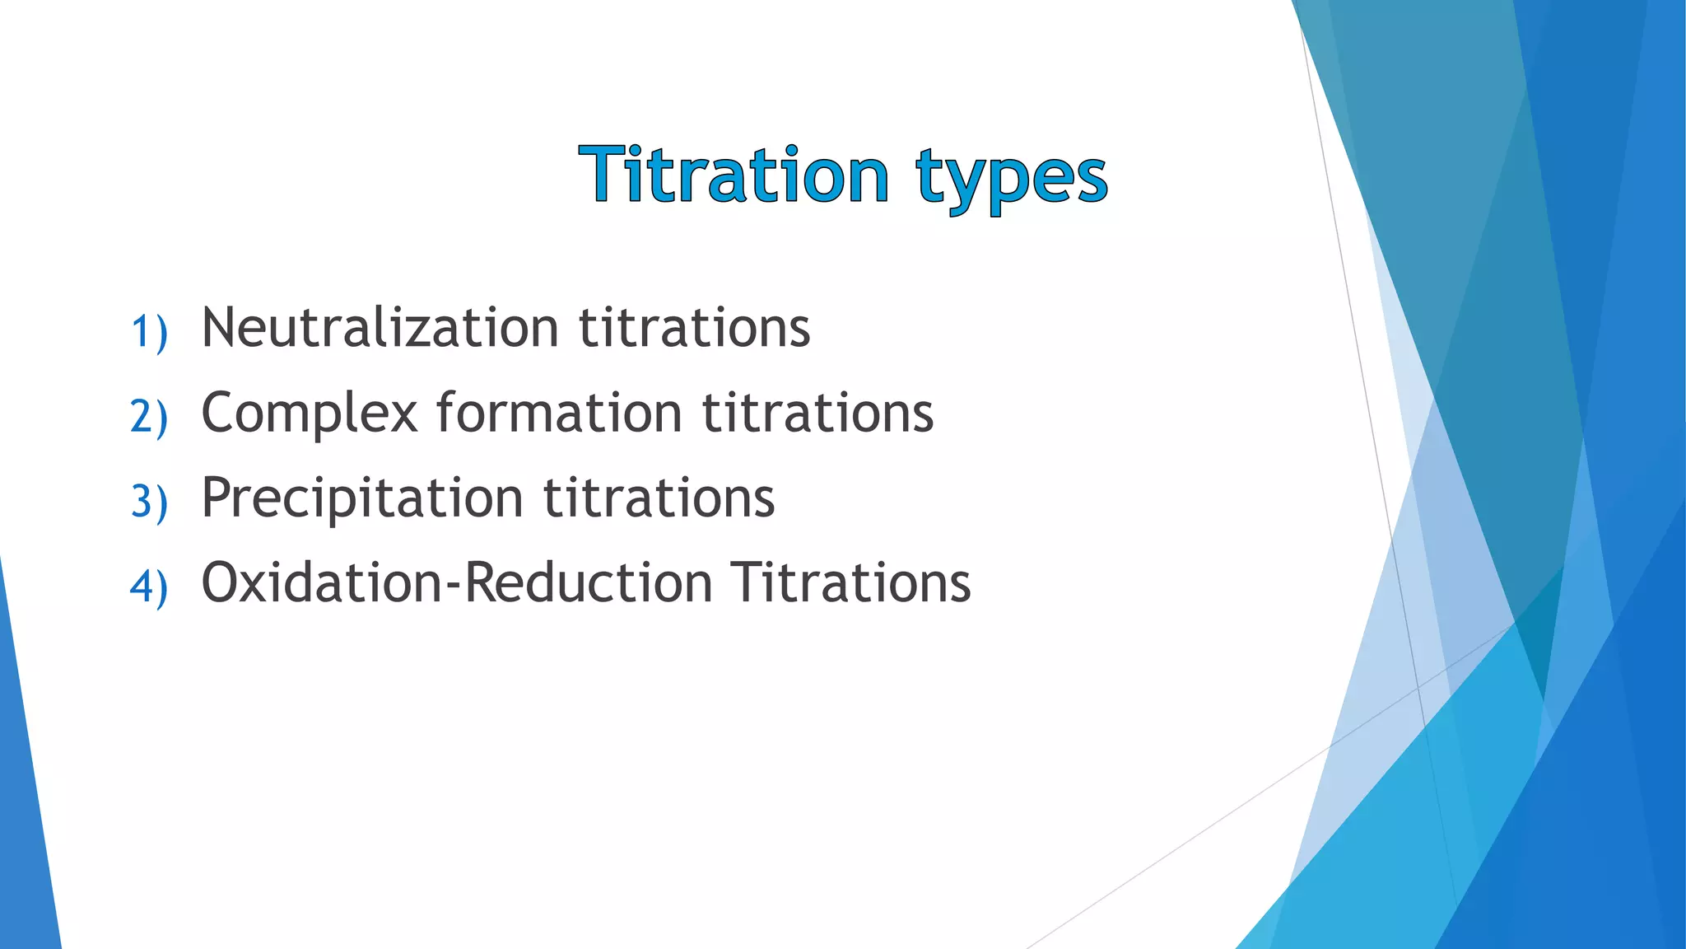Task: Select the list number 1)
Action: coord(149,331)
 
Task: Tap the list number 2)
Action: coord(149,416)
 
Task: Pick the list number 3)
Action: coord(149,501)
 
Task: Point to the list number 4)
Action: coord(149,587)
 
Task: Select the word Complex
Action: coord(310,414)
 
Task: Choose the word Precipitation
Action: coord(362,499)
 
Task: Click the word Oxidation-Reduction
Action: coord(457,582)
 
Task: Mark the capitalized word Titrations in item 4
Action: coord(851,582)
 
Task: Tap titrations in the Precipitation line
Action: coord(659,498)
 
